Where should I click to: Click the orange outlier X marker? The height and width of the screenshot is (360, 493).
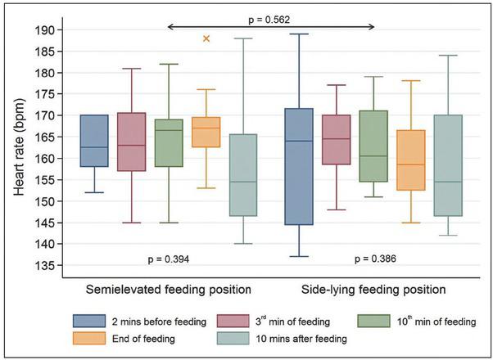206,38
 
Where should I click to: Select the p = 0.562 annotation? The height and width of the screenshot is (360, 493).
272,16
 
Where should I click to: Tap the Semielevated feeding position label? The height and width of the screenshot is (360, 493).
169,290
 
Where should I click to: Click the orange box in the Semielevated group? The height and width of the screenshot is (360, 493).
206,132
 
